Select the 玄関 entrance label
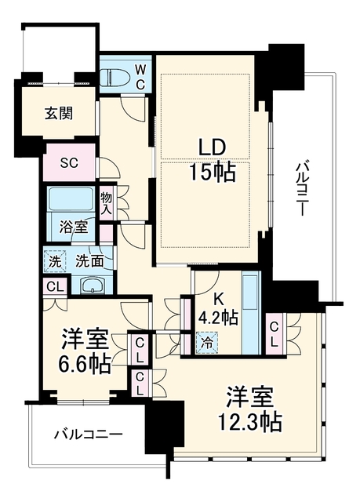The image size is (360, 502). coord(59,114)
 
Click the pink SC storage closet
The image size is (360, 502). coord(70,162)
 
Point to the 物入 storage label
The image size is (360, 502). coord(107,204)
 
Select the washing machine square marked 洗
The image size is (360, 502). coord(55,261)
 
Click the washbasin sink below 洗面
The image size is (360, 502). coord(93,286)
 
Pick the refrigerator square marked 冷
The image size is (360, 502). coord(207,343)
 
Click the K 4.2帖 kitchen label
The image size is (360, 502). coord(218,309)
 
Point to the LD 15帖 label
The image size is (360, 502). coord(213,162)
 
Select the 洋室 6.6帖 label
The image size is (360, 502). coord(85,352)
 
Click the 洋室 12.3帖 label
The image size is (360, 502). coord(250,409)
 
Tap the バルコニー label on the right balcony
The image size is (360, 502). coord(300,190)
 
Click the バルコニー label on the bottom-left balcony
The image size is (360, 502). coord(89,435)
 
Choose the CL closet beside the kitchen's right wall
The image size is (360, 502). coord(274,334)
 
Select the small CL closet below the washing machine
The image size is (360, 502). coord(55,287)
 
